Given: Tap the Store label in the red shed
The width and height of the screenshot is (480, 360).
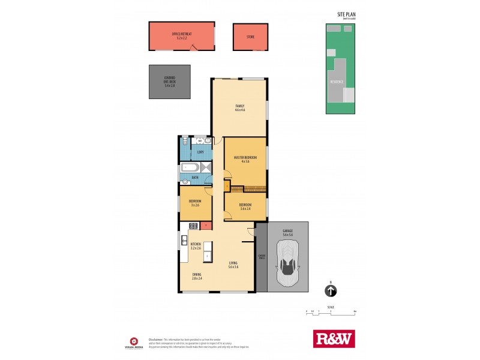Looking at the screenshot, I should click(250, 37).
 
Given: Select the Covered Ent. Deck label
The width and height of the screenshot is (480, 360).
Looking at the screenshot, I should click(170, 82).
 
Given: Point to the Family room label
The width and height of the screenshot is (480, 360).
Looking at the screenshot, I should click(240, 109).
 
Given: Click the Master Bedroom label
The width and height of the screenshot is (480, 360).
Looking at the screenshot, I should click(245, 159).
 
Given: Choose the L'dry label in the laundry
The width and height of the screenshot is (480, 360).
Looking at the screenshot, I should click(200, 152).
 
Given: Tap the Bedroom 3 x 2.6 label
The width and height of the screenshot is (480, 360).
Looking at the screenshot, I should click(195, 203).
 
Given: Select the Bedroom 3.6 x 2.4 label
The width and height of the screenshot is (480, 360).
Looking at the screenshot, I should click(245, 206).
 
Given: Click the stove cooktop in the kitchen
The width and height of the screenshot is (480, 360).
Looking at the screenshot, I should click(194, 226).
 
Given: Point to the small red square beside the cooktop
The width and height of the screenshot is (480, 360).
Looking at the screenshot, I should click(206, 226).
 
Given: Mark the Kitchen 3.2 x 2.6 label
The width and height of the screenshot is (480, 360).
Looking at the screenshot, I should click(196, 246).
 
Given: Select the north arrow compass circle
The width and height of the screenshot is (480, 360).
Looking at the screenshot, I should click(331, 291).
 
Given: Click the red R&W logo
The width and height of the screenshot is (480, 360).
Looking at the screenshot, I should click(335, 338).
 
